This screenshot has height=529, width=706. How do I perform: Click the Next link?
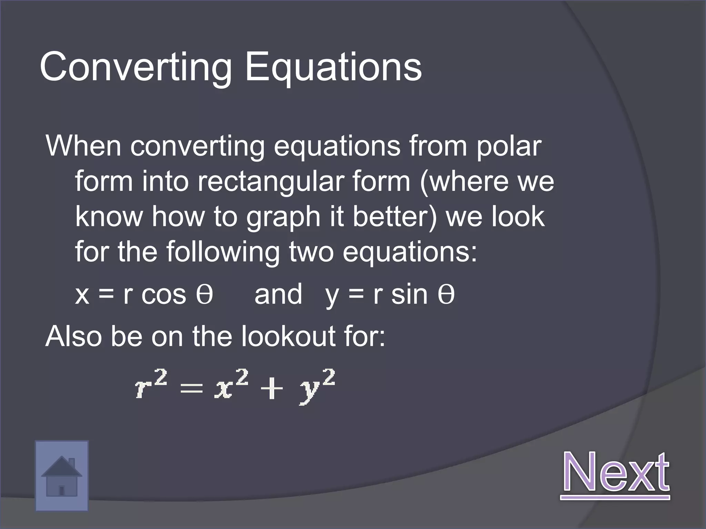click(x=616, y=472)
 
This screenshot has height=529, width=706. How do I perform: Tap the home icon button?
click(x=62, y=476)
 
